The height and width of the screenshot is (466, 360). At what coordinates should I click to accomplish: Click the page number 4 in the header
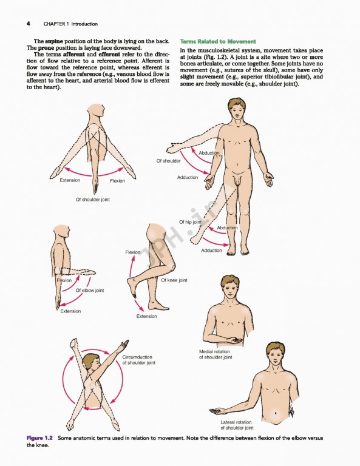coord(28,24)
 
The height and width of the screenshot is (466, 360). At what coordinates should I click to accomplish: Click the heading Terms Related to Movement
coord(218,41)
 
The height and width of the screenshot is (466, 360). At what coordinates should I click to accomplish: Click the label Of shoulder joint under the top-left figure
coord(92,199)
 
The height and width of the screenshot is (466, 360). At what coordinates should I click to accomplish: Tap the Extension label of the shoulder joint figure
coord(70,180)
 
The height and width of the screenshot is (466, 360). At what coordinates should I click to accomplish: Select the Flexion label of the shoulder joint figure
coord(117,181)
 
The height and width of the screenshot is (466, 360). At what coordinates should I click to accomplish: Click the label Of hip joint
coord(190,223)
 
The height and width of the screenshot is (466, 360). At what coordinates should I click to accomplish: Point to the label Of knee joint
coord(174,280)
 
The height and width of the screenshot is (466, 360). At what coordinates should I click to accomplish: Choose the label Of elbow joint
coord(90,291)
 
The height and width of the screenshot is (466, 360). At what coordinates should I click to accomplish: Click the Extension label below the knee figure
coord(146,316)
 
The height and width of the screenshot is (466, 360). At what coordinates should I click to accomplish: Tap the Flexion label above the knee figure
coord(132,252)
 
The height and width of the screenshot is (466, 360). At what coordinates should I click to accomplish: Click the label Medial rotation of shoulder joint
coord(216,354)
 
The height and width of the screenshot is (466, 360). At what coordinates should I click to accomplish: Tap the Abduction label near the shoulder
coord(209,153)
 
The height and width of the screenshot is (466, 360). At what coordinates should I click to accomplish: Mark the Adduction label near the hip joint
coord(211,250)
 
